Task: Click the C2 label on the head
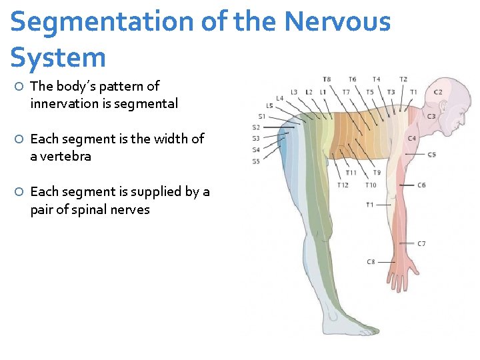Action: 438,92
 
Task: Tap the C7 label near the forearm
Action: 421,244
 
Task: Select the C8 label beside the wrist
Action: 371,262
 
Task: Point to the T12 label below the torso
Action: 343,185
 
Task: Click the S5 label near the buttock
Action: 256,161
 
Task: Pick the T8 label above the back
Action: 327,79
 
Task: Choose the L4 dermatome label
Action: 279,99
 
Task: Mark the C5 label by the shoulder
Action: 431,154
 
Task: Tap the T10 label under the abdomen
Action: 371,185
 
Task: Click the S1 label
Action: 261,116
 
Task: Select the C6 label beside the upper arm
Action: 421,185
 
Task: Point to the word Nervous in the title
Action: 337,22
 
